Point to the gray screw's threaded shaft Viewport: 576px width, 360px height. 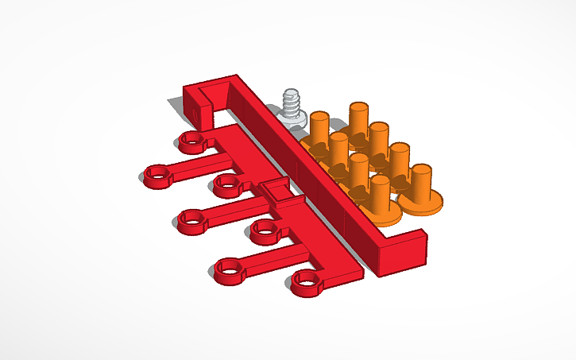pyautogui.click(x=292, y=99)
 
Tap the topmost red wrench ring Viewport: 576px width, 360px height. pyautogui.click(x=191, y=142)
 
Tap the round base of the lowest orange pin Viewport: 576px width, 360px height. pyautogui.click(x=381, y=211)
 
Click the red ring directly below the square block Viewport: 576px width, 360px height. pyautogui.click(x=265, y=230)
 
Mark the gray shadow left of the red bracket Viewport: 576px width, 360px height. pyautogui.click(x=174, y=106)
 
